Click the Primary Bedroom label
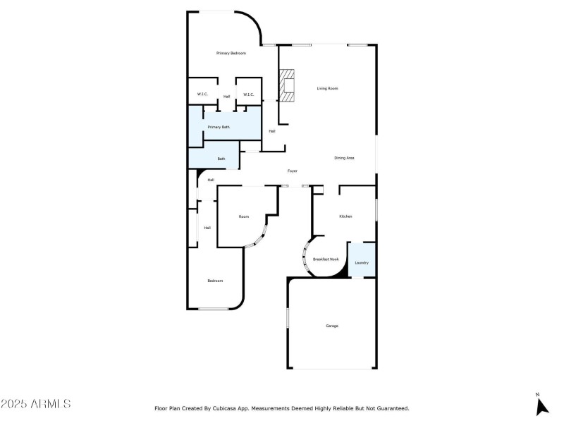[231, 54]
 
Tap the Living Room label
[327, 88]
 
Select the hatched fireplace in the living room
[287, 85]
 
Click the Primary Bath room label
[218, 127]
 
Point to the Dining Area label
[344, 158]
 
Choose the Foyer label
[292, 171]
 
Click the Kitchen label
[345, 216]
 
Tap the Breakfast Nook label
[326, 259]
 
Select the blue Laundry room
[362, 260]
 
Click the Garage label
[332, 326]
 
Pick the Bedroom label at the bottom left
[215, 281]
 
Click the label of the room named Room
[243, 216]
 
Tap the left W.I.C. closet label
[202, 94]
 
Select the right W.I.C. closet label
[248, 94]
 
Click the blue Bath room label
[221, 159]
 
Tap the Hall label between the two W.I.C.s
[226, 97]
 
